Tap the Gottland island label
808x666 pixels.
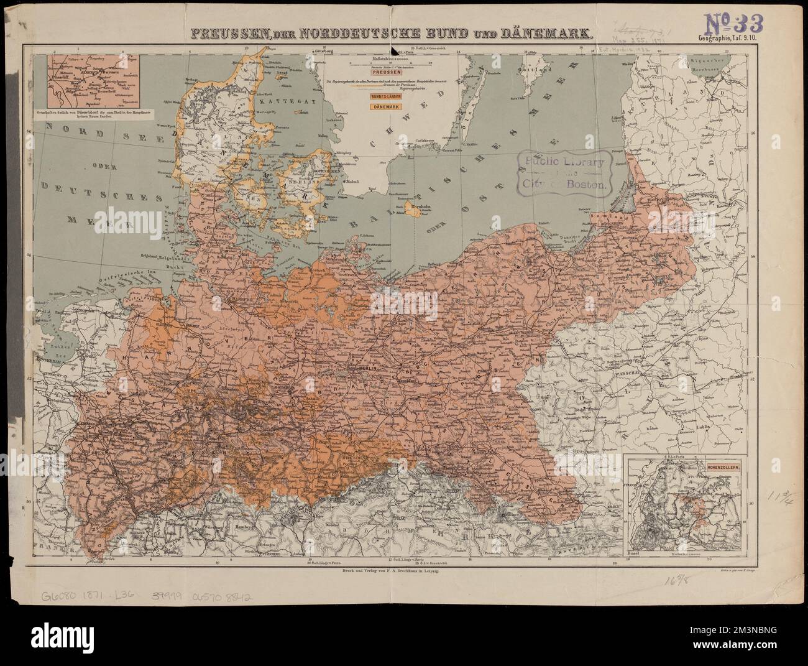click(x=538, y=71)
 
